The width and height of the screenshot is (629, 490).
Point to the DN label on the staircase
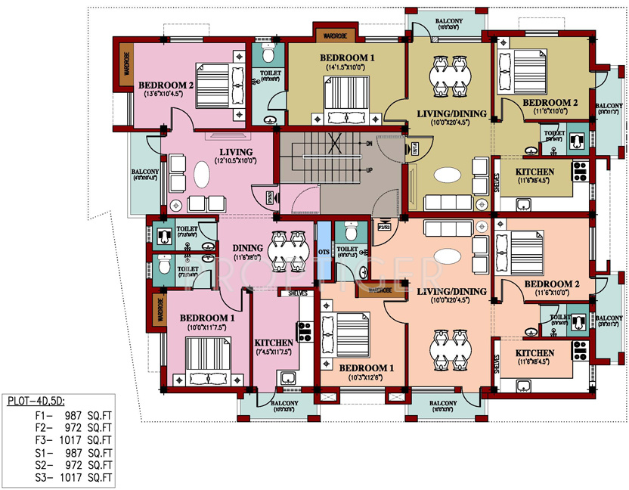pos(370,143)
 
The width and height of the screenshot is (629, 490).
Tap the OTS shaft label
pos(324,252)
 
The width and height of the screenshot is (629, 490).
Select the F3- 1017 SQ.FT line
pos(73,439)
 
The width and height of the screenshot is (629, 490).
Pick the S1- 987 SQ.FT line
pos(73,452)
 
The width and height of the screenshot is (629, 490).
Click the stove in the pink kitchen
pos(306,330)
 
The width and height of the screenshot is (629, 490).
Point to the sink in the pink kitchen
pos(287,377)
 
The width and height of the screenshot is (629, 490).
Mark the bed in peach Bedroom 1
pos(345,333)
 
